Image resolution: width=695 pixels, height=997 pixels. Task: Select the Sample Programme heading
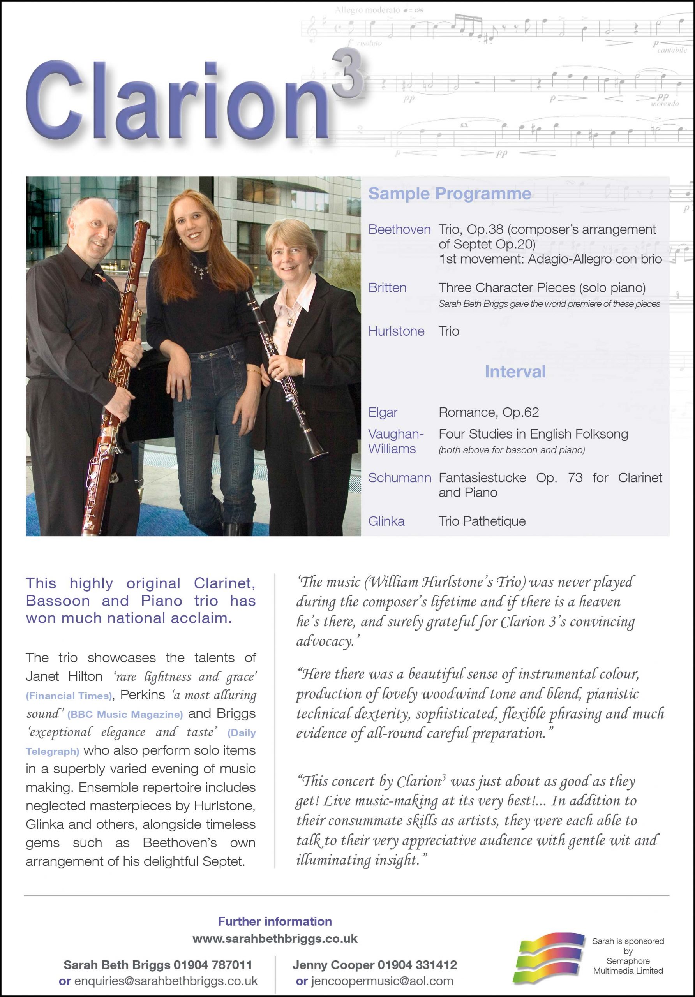pyautogui.click(x=450, y=194)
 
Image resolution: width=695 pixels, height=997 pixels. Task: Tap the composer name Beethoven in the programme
pyautogui.click(x=399, y=229)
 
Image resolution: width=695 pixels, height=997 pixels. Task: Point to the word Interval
pyautogui.click(x=515, y=372)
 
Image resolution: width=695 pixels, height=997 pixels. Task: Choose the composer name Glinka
pyautogui.click(x=386, y=521)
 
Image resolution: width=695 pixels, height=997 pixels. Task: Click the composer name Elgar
pyautogui.click(x=383, y=412)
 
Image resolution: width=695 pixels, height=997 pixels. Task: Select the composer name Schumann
pyautogui.click(x=400, y=477)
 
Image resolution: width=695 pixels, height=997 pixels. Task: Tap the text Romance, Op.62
pyautogui.click(x=489, y=412)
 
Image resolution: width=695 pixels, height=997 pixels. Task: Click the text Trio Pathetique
pyautogui.click(x=482, y=521)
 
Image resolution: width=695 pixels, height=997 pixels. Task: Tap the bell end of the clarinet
pyautogui.click(x=319, y=453)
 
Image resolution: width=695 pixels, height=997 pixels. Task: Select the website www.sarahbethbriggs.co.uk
pyautogui.click(x=275, y=939)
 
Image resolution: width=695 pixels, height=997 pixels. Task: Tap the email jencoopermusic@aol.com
pyautogui.click(x=375, y=981)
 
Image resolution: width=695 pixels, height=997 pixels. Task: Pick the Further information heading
pyautogui.click(x=275, y=921)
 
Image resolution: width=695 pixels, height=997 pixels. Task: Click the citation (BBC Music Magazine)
pyautogui.click(x=125, y=714)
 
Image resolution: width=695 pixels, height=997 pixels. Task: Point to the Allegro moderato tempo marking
pyautogui.click(x=367, y=10)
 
